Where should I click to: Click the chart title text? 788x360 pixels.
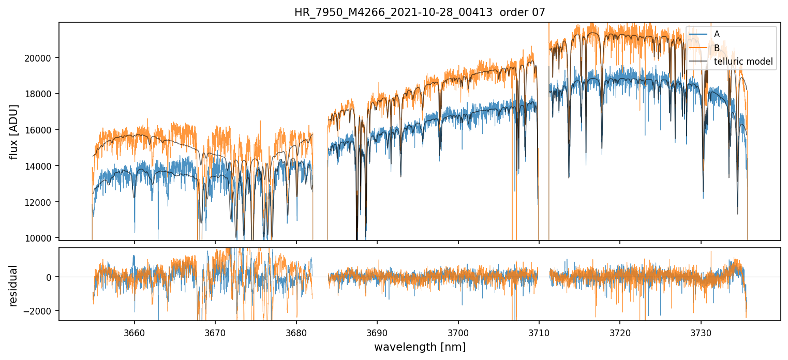pos(420,12)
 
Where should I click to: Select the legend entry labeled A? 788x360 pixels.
pos(717,34)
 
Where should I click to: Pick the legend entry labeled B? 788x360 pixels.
pos(717,48)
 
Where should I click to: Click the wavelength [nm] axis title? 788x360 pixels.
pos(420,347)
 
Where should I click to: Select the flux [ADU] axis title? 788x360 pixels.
pos(14,131)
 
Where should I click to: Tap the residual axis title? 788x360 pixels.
pos(14,285)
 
